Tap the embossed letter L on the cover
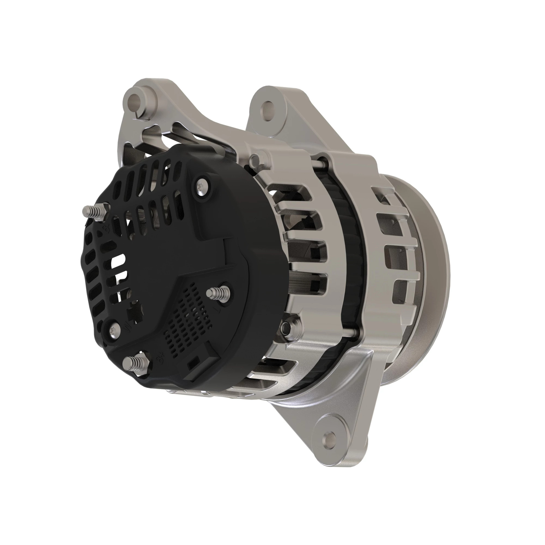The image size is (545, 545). tap(217, 310)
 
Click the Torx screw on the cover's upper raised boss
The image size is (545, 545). tap(203, 185)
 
